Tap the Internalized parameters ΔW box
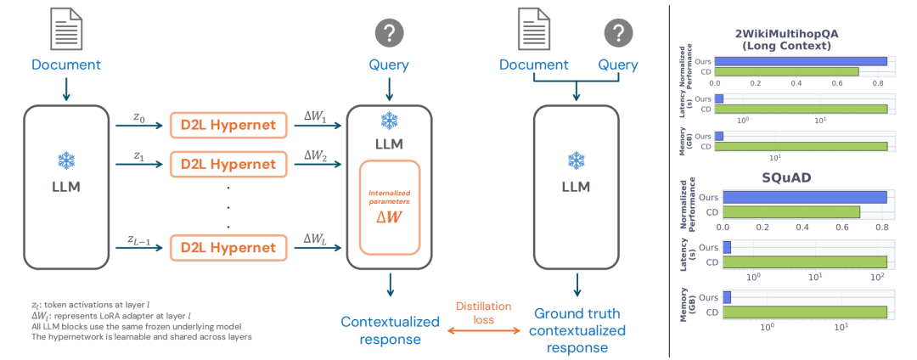click(x=390, y=206)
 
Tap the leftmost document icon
click(x=65, y=29)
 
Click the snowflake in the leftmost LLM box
click(x=65, y=160)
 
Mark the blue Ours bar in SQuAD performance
click(x=805, y=197)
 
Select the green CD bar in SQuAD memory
click(x=805, y=312)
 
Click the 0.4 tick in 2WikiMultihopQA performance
click(x=796, y=83)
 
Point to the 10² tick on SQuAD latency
click(x=877, y=277)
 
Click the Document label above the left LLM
click(x=65, y=65)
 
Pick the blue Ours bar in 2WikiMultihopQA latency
click(x=719, y=99)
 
